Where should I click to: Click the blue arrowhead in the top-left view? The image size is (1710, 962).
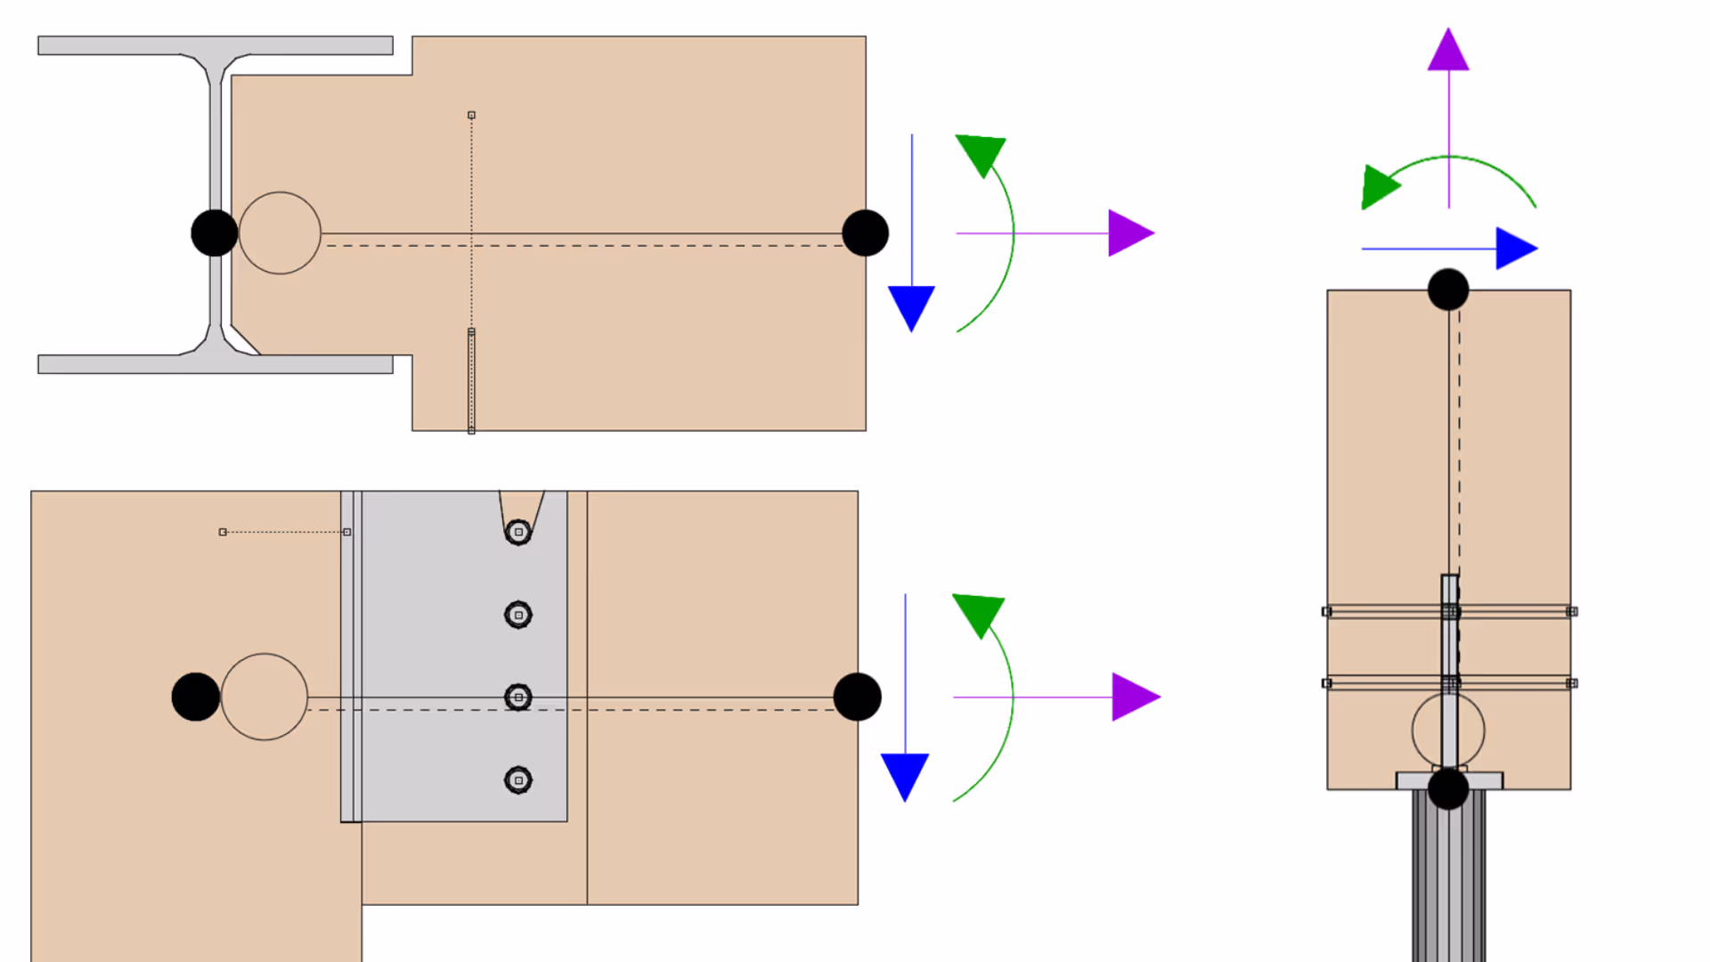911,306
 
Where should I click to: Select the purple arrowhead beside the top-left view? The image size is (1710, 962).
1129,233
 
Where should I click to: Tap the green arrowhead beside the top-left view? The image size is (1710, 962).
981,154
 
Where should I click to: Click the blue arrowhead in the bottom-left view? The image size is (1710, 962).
905,774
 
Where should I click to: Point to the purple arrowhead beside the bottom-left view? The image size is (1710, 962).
1135,697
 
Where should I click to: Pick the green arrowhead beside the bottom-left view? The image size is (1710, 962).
980,613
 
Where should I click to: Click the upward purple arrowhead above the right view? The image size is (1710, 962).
1448,52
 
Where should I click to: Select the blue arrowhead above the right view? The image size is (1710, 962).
1515,249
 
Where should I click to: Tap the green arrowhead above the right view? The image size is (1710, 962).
1379,186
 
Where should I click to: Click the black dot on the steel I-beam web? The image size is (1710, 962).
215,233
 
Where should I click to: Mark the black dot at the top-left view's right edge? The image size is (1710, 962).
865,233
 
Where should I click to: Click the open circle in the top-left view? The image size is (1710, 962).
280,233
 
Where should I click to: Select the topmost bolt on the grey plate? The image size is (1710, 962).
518,532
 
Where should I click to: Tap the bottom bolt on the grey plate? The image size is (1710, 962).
518,780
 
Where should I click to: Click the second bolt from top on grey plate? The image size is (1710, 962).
518,615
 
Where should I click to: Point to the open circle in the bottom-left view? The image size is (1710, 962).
265,697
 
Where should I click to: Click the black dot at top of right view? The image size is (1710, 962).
1448,289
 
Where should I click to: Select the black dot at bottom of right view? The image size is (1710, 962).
1448,789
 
